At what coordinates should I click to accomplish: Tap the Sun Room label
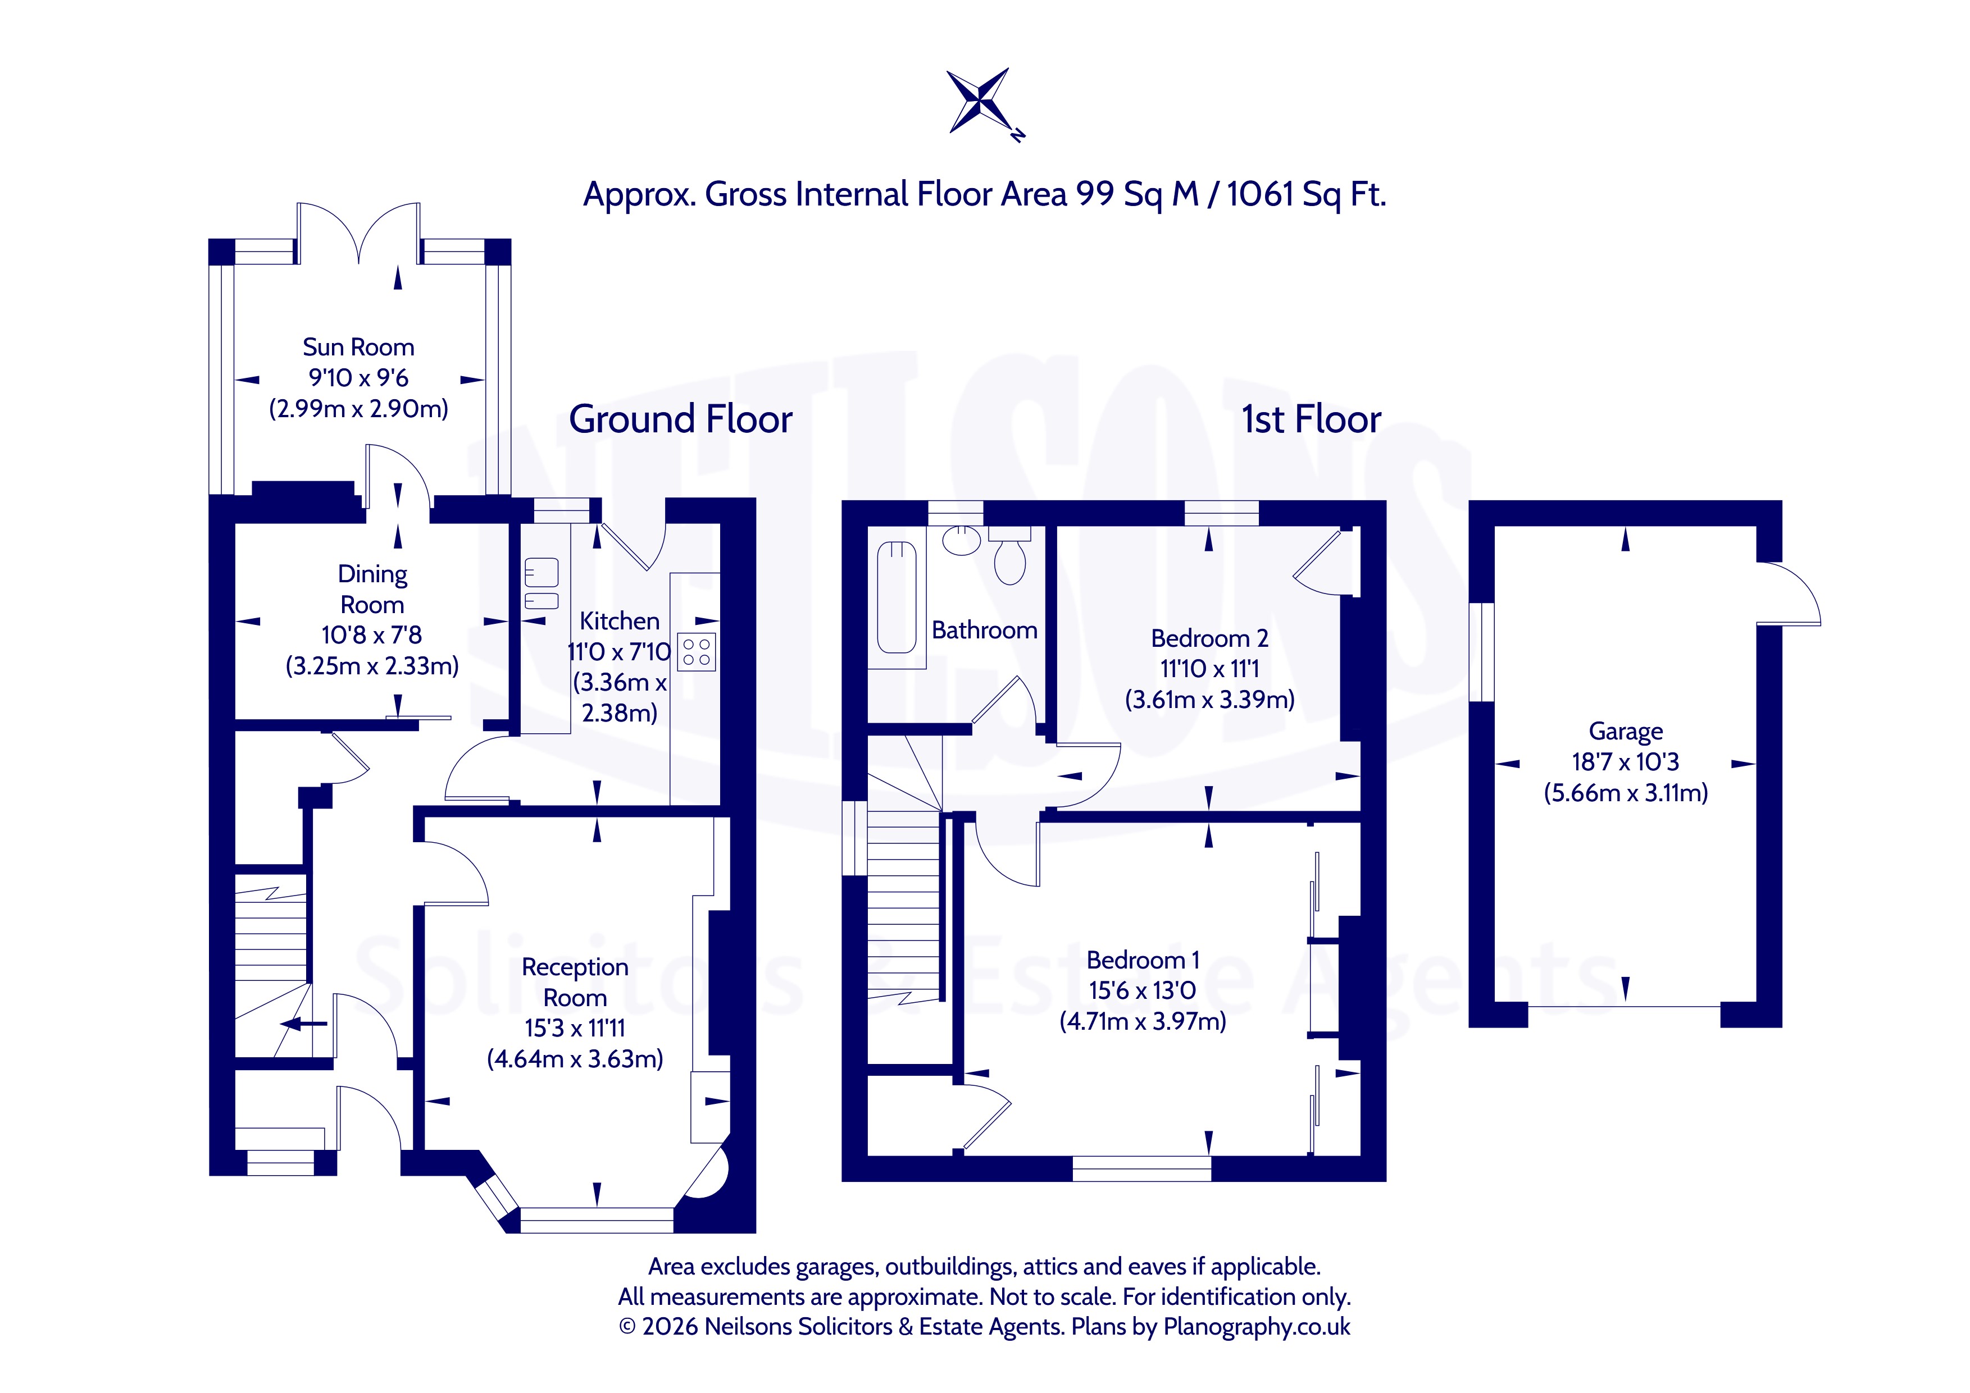[x=358, y=348]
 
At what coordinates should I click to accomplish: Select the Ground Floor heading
[x=680, y=419]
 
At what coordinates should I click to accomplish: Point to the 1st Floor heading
[x=1311, y=419]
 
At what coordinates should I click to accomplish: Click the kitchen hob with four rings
[x=697, y=652]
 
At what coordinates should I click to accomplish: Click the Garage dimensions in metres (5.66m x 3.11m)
[x=1626, y=793]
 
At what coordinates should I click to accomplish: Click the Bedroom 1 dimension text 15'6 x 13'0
[x=1142, y=991]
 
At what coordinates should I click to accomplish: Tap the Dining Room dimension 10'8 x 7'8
[x=371, y=635]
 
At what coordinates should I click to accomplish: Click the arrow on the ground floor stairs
[x=304, y=1024]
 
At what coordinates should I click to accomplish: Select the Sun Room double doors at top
[x=358, y=234]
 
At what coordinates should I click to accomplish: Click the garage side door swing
[x=1788, y=593]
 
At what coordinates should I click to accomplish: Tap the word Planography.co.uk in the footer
[x=1257, y=1327]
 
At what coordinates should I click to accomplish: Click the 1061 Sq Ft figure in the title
[x=1306, y=195]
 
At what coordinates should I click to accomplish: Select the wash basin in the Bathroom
[x=961, y=540]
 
